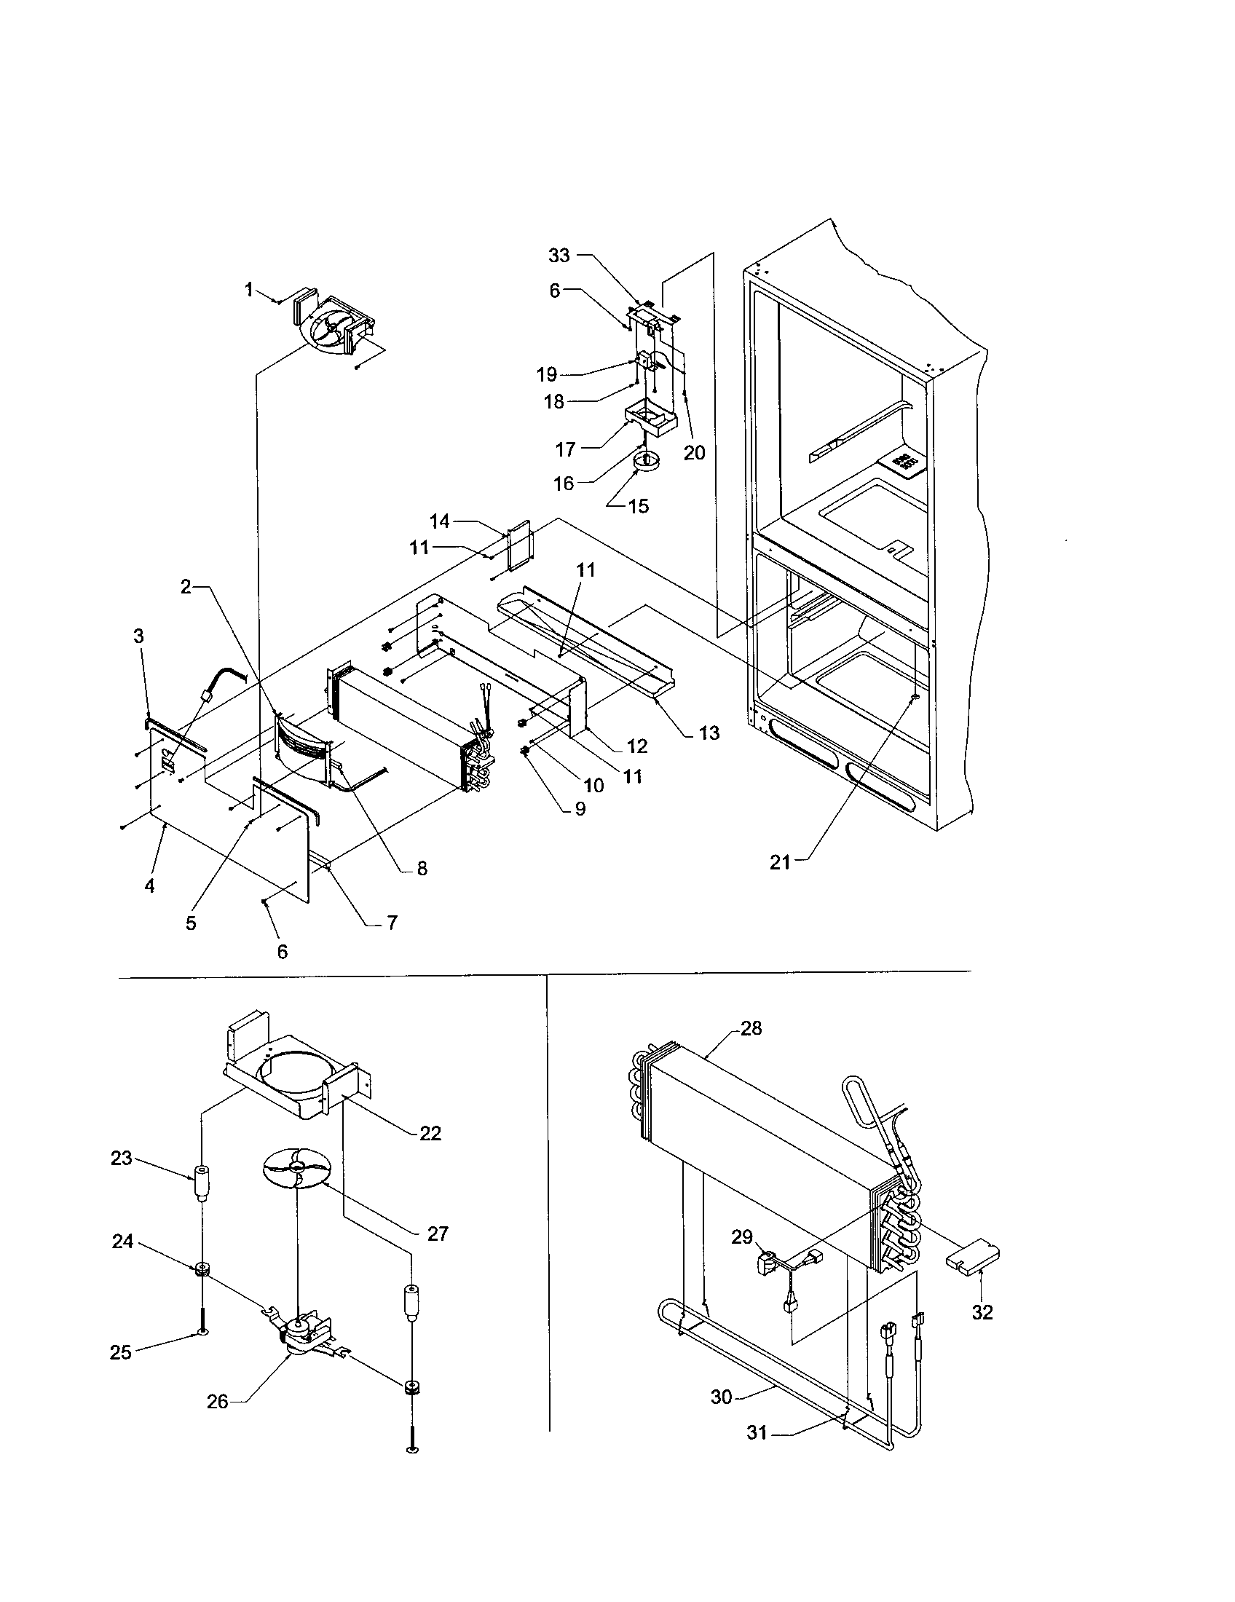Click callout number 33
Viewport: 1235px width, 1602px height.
pos(559,256)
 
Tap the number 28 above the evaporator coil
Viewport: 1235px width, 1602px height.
pos(751,1028)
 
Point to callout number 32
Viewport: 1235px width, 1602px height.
pos(982,1312)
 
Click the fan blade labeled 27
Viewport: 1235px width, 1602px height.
pos(297,1168)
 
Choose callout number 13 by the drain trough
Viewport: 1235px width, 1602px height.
pos(709,733)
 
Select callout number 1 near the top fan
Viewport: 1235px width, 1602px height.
pos(248,291)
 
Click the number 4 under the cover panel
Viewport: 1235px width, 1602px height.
pos(149,886)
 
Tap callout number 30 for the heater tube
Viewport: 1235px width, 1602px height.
pos(722,1397)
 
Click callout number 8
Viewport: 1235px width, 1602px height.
pos(422,869)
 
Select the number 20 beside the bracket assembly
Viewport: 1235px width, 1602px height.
pos(694,453)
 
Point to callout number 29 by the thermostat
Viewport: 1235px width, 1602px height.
pos(742,1237)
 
